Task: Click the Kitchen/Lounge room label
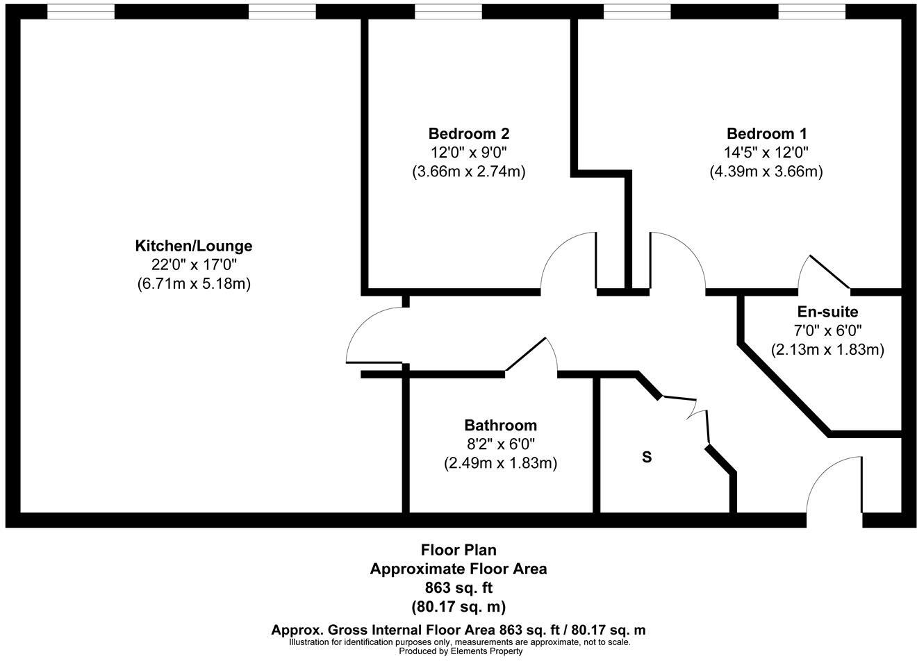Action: [193, 246]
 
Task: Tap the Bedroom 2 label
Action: [469, 133]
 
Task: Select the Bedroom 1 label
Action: [766, 133]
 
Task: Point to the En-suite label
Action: [827, 312]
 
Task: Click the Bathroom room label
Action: [500, 425]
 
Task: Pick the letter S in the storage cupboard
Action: [647, 458]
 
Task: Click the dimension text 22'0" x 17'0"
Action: [193, 265]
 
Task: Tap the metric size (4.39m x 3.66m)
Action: [766, 171]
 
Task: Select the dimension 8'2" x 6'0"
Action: [500, 444]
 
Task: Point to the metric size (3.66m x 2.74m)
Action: [469, 171]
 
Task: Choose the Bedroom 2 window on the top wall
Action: [447, 12]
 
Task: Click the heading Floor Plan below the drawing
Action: [458, 551]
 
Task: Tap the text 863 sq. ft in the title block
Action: [458, 587]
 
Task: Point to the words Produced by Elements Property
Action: [458, 651]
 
